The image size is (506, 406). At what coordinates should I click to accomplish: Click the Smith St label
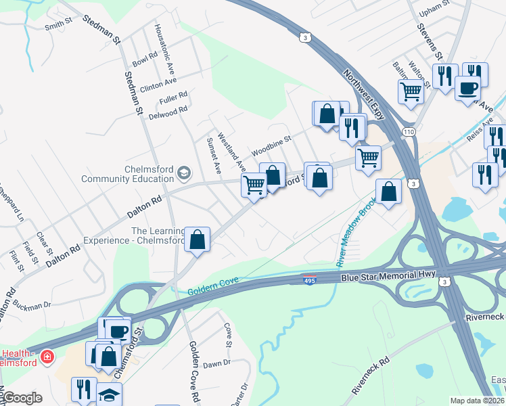[x=58, y=24]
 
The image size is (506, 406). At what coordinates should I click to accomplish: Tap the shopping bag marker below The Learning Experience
[x=197, y=240]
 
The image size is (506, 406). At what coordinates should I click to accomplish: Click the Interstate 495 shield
[x=309, y=280]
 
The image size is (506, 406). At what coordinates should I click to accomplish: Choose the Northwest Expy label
[x=363, y=93]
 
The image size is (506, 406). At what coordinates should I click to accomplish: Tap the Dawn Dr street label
[x=216, y=364]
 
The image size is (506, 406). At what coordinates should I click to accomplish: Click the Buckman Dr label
[x=31, y=304]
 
